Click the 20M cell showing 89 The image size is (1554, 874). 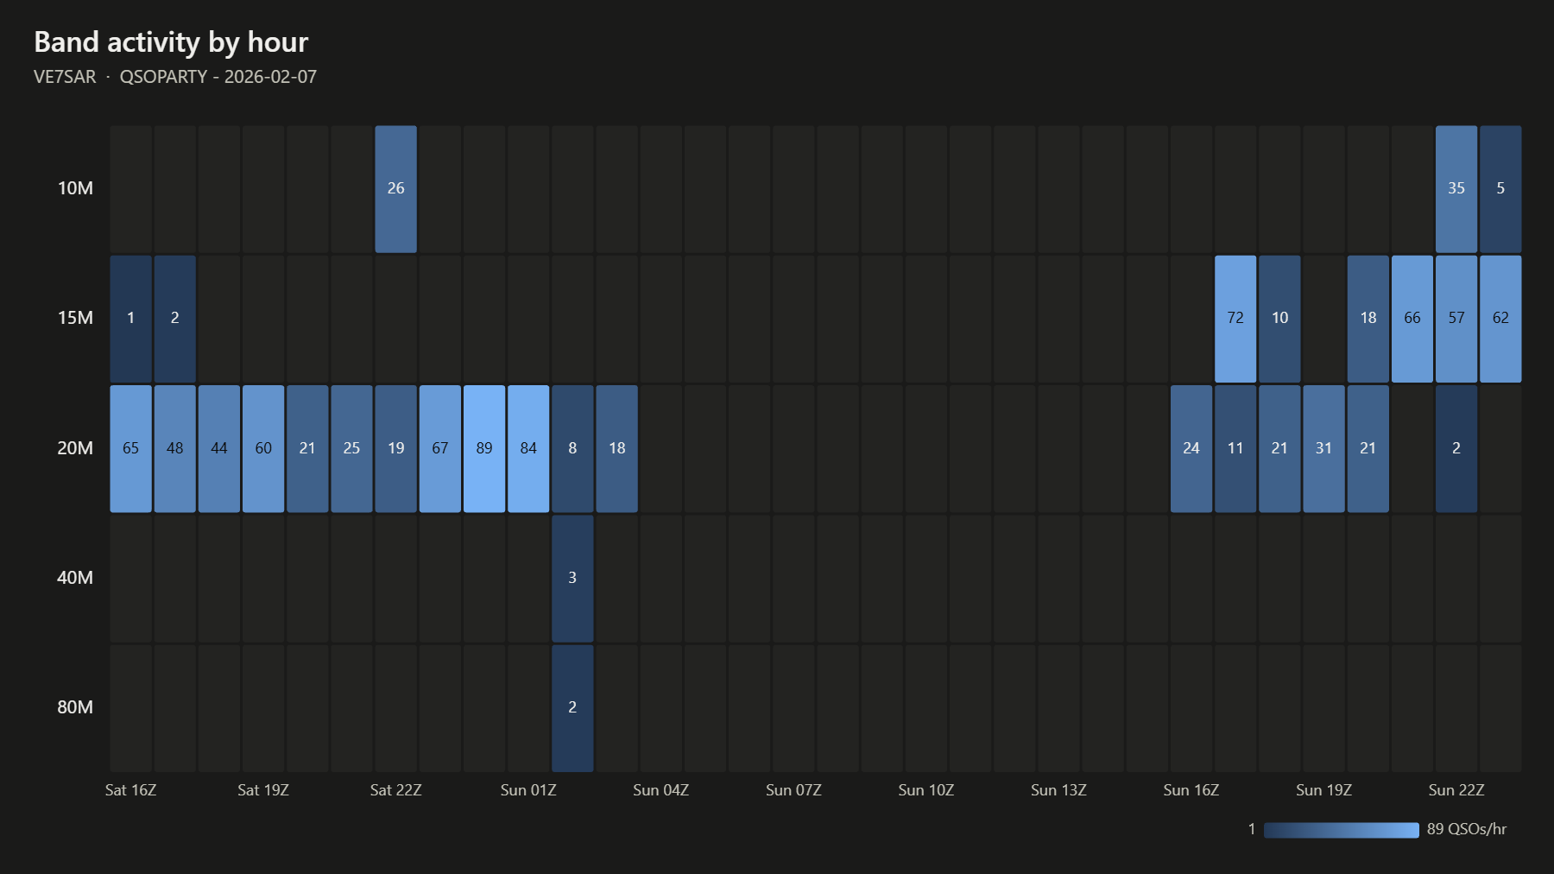(x=484, y=448)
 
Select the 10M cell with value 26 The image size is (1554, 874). (x=395, y=189)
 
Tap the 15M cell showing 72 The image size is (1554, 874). (x=1235, y=319)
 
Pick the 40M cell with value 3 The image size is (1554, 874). (x=572, y=578)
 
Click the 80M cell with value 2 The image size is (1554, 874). (x=572, y=707)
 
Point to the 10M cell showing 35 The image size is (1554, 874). (x=1456, y=189)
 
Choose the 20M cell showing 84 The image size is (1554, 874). (x=528, y=448)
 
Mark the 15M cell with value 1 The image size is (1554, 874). (x=130, y=319)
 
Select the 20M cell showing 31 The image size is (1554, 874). (x=1323, y=448)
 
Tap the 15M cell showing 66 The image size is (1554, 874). (x=1412, y=319)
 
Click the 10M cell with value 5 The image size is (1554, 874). (x=1500, y=189)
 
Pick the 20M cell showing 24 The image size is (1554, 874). (x=1191, y=448)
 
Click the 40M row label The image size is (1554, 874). (x=75, y=578)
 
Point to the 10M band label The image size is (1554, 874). (x=75, y=188)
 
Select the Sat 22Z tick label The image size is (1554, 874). (x=395, y=790)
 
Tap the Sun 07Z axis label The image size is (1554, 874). (x=793, y=790)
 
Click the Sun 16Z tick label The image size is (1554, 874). (x=1191, y=790)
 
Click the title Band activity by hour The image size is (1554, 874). (x=171, y=42)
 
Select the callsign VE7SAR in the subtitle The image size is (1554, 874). (x=65, y=77)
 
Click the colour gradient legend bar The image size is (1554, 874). (x=1341, y=830)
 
